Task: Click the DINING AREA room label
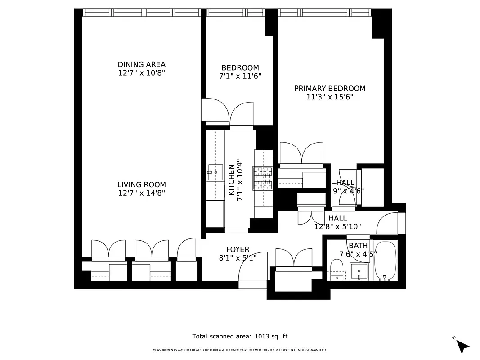(x=141, y=64)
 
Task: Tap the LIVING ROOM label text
(x=141, y=184)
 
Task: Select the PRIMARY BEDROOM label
(x=330, y=89)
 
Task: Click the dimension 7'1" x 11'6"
(x=240, y=76)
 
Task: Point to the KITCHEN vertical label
(x=231, y=180)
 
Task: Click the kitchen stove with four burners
(x=263, y=178)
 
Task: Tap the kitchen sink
(x=215, y=171)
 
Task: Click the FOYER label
(x=238, y=250)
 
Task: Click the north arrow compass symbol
(x=462, y=345)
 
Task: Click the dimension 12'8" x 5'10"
(x=337, y=226)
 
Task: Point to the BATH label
(x=358, y=246)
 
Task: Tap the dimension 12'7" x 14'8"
(x=141, y=193)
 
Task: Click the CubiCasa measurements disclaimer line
(x=240, y=350)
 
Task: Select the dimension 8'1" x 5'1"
(x=238, y=258)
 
